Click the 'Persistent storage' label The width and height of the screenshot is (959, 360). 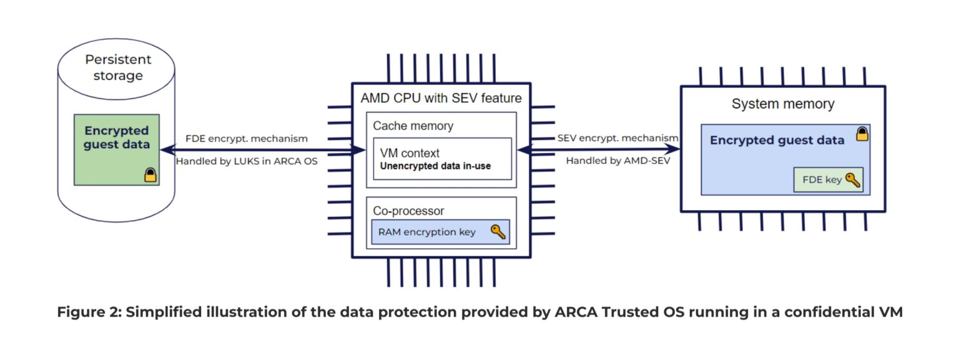118,67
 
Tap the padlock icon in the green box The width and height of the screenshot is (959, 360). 150,175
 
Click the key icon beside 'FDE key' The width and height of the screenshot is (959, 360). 853,180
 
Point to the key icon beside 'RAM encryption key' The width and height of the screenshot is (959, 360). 498,232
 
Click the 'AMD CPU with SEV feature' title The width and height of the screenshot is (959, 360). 441,98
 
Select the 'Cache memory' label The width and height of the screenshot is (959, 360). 413,126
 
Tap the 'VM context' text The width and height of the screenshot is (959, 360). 410,153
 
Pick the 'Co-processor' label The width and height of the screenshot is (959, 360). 408,211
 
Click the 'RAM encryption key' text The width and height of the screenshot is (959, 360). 426,232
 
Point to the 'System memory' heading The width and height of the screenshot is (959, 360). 783,104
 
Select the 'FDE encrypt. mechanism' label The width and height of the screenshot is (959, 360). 246,139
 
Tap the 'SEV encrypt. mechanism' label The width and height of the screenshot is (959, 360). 617,137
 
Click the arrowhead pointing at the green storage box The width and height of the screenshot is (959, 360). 166,149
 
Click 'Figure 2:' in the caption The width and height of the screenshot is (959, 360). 87,312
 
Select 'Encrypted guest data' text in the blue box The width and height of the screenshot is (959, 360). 777,141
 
